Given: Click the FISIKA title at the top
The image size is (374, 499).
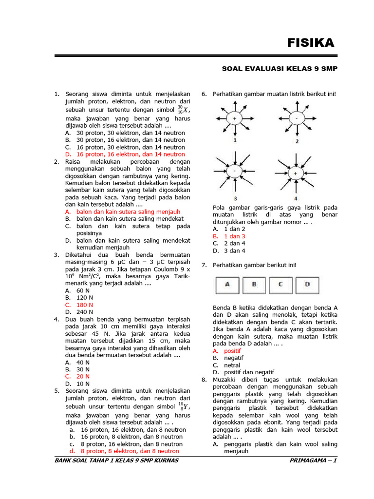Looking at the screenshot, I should tap(310, 43).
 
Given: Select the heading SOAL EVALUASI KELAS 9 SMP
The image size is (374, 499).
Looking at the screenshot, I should tap(280, 69).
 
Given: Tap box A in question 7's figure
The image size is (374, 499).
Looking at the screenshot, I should tap(228, 285).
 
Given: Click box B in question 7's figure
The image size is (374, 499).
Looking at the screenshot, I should tap(254, 285).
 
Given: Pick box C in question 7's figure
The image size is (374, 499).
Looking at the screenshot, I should tap(280, 285).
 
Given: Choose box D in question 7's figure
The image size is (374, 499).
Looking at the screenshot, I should tap(307, 285).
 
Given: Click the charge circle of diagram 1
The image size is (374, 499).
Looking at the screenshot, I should tap(235, 118).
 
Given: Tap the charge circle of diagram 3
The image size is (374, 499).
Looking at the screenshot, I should tap(235, 172).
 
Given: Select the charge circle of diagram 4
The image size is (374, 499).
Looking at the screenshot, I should tap(296, 173).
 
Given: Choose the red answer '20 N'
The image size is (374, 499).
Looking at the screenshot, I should tap(83, 376).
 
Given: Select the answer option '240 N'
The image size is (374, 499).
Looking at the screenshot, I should tap(84, 312).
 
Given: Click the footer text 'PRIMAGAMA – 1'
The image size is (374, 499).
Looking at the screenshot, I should tap(313, 461).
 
